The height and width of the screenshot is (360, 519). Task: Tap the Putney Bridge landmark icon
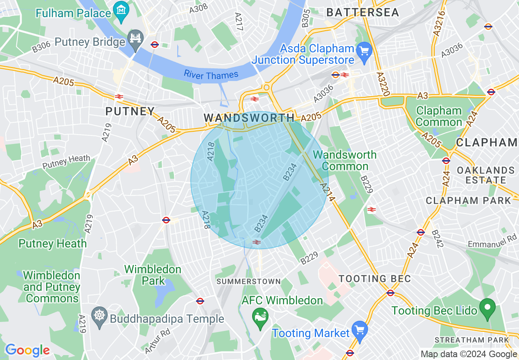click(135, 38)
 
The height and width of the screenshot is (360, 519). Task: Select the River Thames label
click(211, 75)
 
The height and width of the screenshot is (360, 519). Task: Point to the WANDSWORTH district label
click(249, 118)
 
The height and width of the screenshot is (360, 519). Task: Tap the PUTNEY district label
click(130, 111)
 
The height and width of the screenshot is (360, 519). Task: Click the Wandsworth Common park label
click(345, 160)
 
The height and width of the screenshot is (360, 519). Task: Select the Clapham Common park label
click(439, 117)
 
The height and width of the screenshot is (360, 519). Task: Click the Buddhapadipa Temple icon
click(99, 317)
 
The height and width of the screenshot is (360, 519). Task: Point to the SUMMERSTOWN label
click(248, 281)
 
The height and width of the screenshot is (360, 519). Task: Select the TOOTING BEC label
click(375, 279)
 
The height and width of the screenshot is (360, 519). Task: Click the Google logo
click(27, 350)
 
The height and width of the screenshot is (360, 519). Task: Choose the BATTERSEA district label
click(362, 13)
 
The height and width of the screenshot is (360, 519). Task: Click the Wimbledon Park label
click(153, 275)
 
